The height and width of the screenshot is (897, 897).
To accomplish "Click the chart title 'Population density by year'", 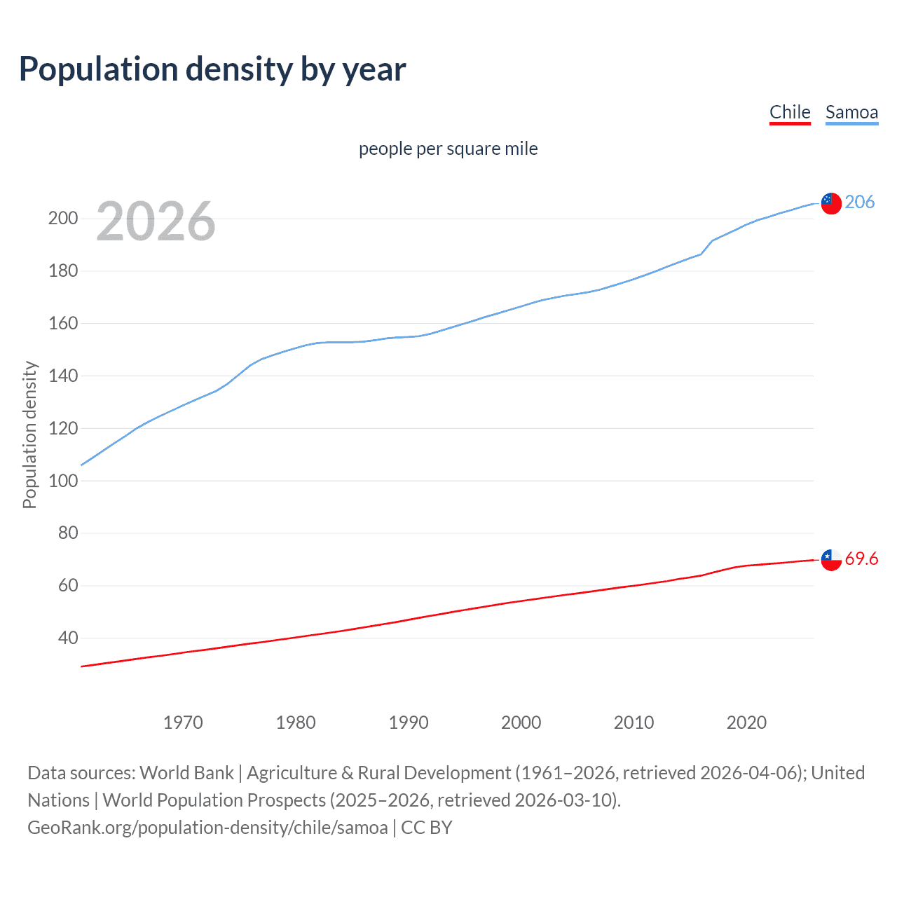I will coord(212,69).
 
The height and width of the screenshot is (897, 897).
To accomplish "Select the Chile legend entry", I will coord(790,112).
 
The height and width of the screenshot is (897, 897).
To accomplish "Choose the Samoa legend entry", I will coord(851,112).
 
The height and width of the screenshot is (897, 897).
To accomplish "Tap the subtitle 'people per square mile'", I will coord(448,149).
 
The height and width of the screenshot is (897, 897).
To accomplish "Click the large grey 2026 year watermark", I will coord(156,221).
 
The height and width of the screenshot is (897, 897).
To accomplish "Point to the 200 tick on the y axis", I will coord(63,218).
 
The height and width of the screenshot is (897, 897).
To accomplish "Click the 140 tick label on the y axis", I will coord(63,376).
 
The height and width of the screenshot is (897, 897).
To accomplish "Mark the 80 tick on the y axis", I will coord(68,533).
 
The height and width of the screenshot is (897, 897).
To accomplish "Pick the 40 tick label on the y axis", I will coord(68,638).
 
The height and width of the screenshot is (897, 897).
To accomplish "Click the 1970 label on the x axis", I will coord(183,723).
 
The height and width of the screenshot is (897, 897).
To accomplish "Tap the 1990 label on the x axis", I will coord(409,723).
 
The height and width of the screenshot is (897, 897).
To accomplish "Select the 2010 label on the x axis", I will coord(634,723).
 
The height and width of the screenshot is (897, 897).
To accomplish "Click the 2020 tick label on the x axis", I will coord(746,723).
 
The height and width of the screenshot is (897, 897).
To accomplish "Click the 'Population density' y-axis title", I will coord(29,434).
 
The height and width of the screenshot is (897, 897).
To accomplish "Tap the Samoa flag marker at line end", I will coord(831,203).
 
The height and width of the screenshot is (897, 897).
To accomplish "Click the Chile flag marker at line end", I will coord(831,559).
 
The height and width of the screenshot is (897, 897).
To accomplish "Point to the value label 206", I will coord(860,202).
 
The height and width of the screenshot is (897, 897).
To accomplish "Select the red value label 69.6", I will coord(861,559).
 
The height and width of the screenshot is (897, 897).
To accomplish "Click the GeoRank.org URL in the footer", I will coord(207,828).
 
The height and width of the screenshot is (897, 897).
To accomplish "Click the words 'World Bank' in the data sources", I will coord(186,773).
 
